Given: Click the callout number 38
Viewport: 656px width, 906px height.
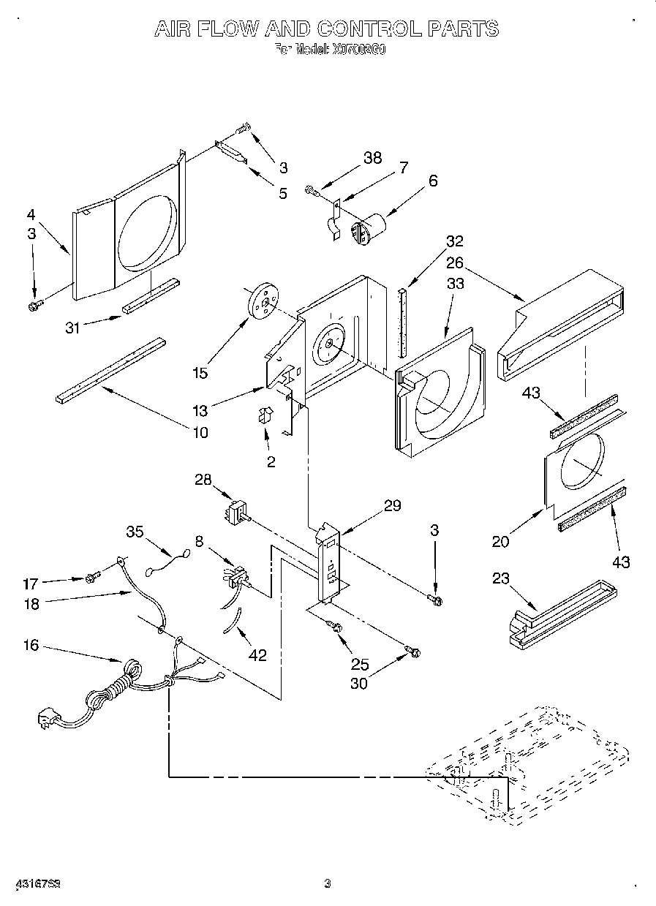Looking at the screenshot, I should click(373, 159).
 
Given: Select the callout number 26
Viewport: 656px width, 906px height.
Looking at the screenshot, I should click(456, 263).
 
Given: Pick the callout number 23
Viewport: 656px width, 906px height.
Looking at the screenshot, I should click(500, 579).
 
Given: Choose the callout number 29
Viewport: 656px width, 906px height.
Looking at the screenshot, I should click(392, 505).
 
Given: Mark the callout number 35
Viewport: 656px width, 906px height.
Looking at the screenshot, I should click(135, 532).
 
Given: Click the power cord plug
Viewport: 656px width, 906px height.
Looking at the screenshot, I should click(48, 720).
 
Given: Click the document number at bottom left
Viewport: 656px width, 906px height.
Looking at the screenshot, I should click(37, 883).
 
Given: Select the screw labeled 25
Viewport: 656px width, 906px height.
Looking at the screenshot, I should click(337, 626).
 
